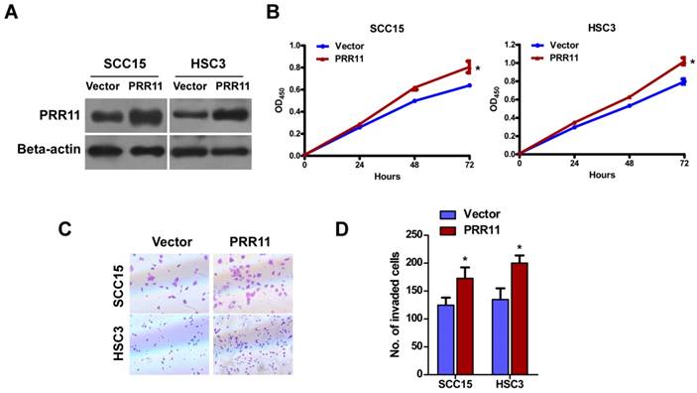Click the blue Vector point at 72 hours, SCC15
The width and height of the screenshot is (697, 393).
468,85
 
